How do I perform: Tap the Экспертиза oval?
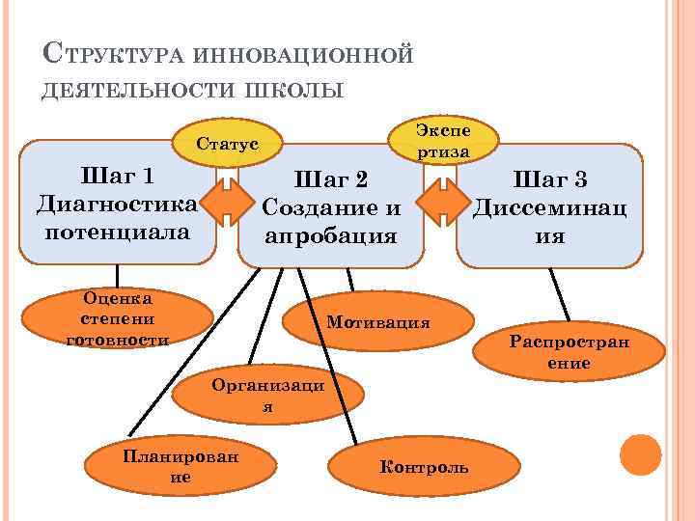[x=443, y=141]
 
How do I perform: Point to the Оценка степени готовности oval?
[x=117, y=318]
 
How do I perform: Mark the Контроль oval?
[x=424, y=467]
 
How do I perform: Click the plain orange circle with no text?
[x=640, y=454]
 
